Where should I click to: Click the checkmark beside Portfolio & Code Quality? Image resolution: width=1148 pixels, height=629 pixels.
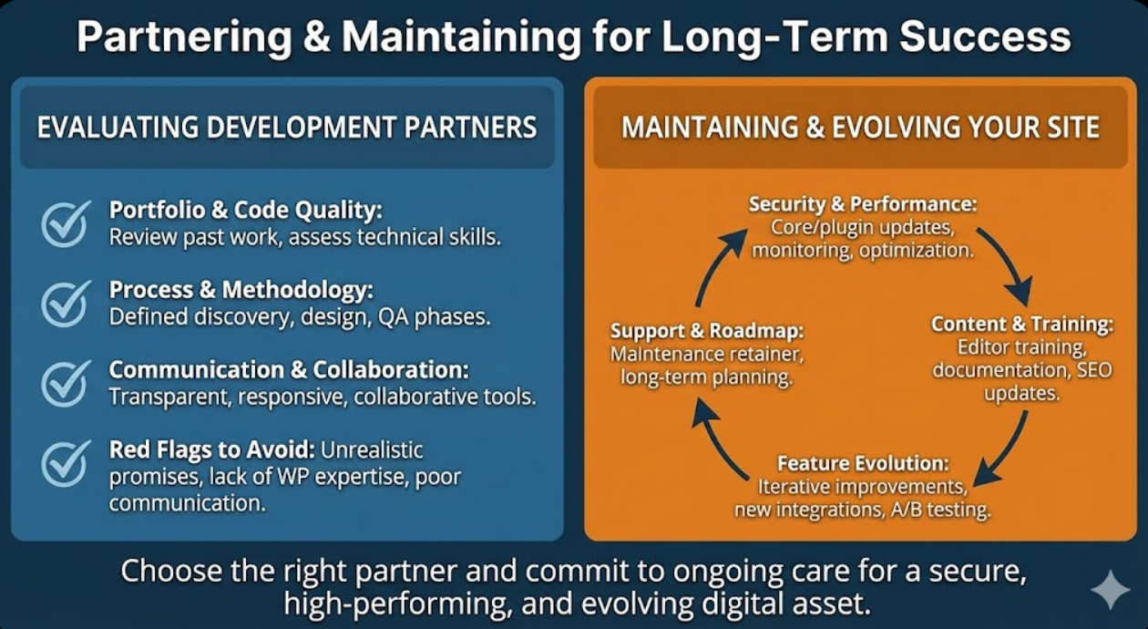[66, 223]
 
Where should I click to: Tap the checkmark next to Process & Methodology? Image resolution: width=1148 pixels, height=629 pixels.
[66, 303]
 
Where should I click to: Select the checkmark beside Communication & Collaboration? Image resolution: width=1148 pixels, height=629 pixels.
[66, 383]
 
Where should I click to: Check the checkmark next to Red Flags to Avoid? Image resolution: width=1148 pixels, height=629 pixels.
[66, 463]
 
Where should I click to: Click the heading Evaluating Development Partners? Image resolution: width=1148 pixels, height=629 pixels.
[287, 127]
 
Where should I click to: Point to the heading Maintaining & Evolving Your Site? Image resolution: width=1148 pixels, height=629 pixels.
[860, 127]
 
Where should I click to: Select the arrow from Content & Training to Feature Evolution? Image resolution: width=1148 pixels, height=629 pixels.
[1002, 449]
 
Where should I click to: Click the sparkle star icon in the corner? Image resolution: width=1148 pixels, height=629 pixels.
[1110, 590]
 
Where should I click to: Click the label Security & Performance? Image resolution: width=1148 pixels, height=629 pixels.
[861, 203]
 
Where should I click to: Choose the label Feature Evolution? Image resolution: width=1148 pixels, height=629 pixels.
[863, 463]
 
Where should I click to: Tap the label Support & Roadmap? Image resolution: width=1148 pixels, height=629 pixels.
[707, 330]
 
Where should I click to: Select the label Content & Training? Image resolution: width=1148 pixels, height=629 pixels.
[1021, 324]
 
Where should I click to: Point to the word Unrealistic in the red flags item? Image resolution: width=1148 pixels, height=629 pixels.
[372, 449]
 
